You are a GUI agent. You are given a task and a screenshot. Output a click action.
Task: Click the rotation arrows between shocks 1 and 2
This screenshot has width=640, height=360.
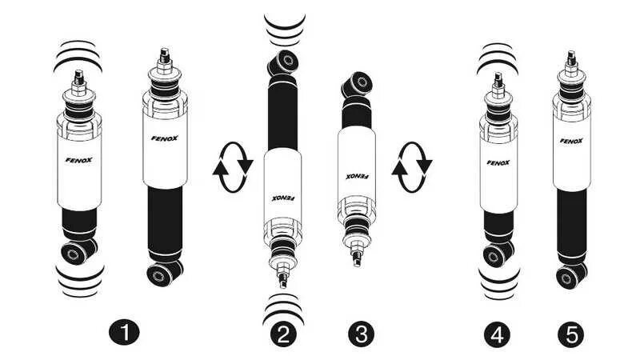pyautogui.click(x=233, y=167)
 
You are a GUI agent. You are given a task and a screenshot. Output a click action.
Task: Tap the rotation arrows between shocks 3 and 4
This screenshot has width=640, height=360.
pyautogui.click(x=412, y=167)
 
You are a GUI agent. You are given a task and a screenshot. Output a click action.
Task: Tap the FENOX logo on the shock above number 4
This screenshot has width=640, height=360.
pyautogui.click(x=498, y=162)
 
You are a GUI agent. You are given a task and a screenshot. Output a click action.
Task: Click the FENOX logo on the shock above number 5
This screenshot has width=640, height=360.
pyautogui.click(x=571, y=141)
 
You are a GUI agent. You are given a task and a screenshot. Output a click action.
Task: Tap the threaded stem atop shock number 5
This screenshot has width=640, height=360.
pyautogui.click(x=571, y=60)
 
